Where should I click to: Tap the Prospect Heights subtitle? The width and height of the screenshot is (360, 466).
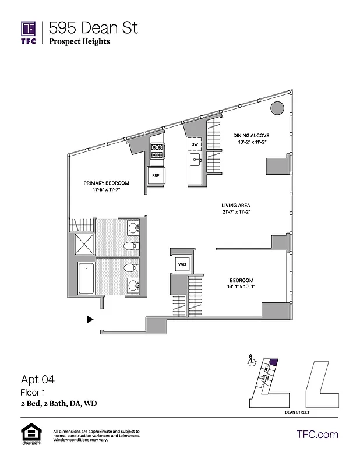(x=79, y=41)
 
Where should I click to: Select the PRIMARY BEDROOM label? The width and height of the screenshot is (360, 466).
(x=105, y=183)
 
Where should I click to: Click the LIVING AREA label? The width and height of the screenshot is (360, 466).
(x=236, y=205)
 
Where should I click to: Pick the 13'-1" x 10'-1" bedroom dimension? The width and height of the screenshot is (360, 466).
(x=241, y=287)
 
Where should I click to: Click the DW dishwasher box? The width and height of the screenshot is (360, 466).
(x=195, y=143)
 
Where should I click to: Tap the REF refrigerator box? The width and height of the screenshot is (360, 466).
(x=156, y=175)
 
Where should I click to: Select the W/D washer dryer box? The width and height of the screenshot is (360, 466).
(x=182, y=264)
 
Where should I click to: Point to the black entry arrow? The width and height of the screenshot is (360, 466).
(x=90, y=319)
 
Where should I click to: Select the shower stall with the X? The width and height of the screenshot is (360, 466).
(x=83, y=244)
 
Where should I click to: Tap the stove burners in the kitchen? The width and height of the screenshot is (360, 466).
(x=157, y=151)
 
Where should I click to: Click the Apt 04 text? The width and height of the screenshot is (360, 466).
(x=38, y=379)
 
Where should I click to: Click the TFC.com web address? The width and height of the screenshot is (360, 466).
(x=317, y=434)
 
